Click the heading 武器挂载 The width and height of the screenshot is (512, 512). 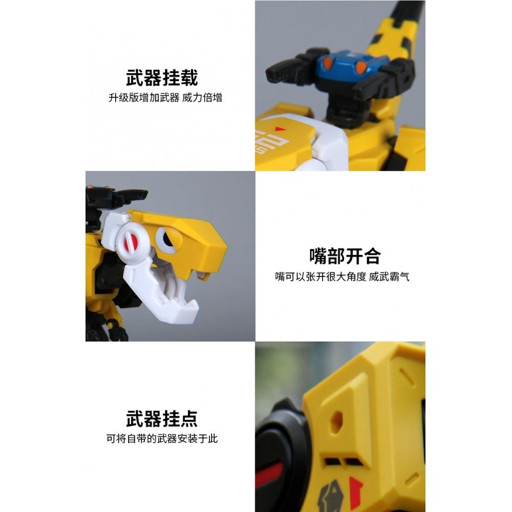162,78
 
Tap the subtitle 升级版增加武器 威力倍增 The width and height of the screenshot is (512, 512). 165,98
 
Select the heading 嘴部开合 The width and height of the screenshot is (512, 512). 345,256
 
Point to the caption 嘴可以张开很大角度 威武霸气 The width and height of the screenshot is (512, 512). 342,277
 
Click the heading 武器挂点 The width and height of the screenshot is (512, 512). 162,419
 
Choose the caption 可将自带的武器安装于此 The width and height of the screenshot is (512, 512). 162,439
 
